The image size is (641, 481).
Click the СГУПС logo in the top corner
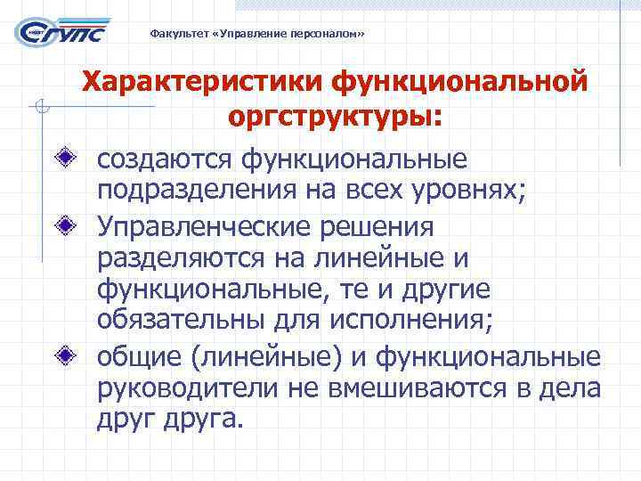pyautogui.click(x=63, y=33)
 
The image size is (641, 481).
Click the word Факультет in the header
pyautogui.click(x=173, y=35)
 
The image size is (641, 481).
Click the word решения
pyautogui.click(x=380, y=226)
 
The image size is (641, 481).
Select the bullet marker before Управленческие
pyautogui.click(x=79, y=224)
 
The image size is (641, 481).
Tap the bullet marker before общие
pyautogui.click(x=79, y=356)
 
